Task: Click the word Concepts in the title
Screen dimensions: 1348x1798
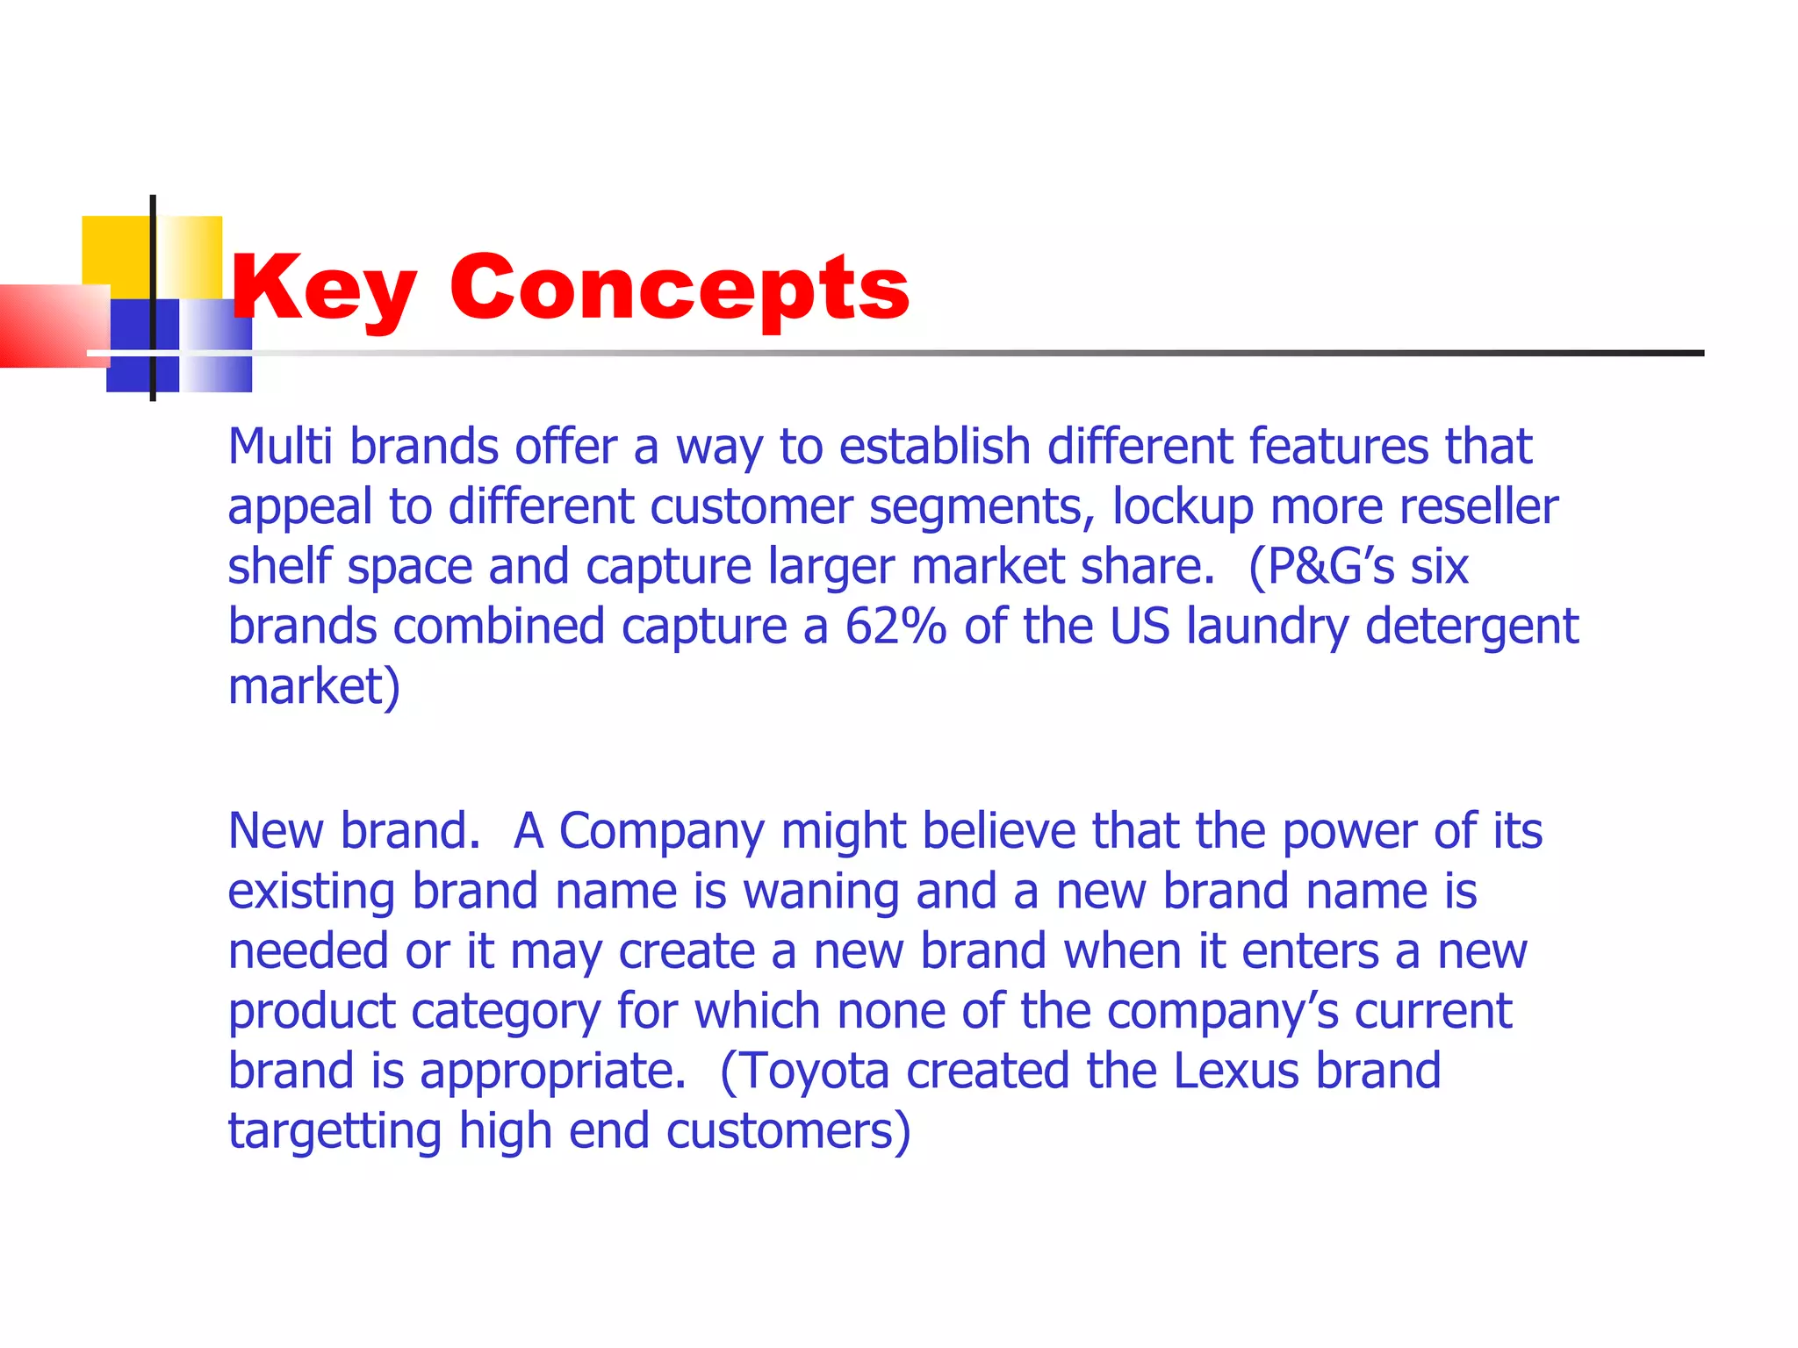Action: coord(680,288)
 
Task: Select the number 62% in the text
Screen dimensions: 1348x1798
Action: coord(895,627)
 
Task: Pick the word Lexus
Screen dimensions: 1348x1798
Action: coord(1236,1072)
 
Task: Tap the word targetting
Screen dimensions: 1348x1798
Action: coord(334,1131)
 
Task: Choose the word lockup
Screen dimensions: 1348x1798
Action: coord(1183,507)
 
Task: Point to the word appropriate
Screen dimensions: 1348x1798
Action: coord(553,1072)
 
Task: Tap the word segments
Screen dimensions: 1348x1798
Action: coord(982,507)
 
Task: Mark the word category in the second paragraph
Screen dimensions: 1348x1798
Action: coord(506,1012)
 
